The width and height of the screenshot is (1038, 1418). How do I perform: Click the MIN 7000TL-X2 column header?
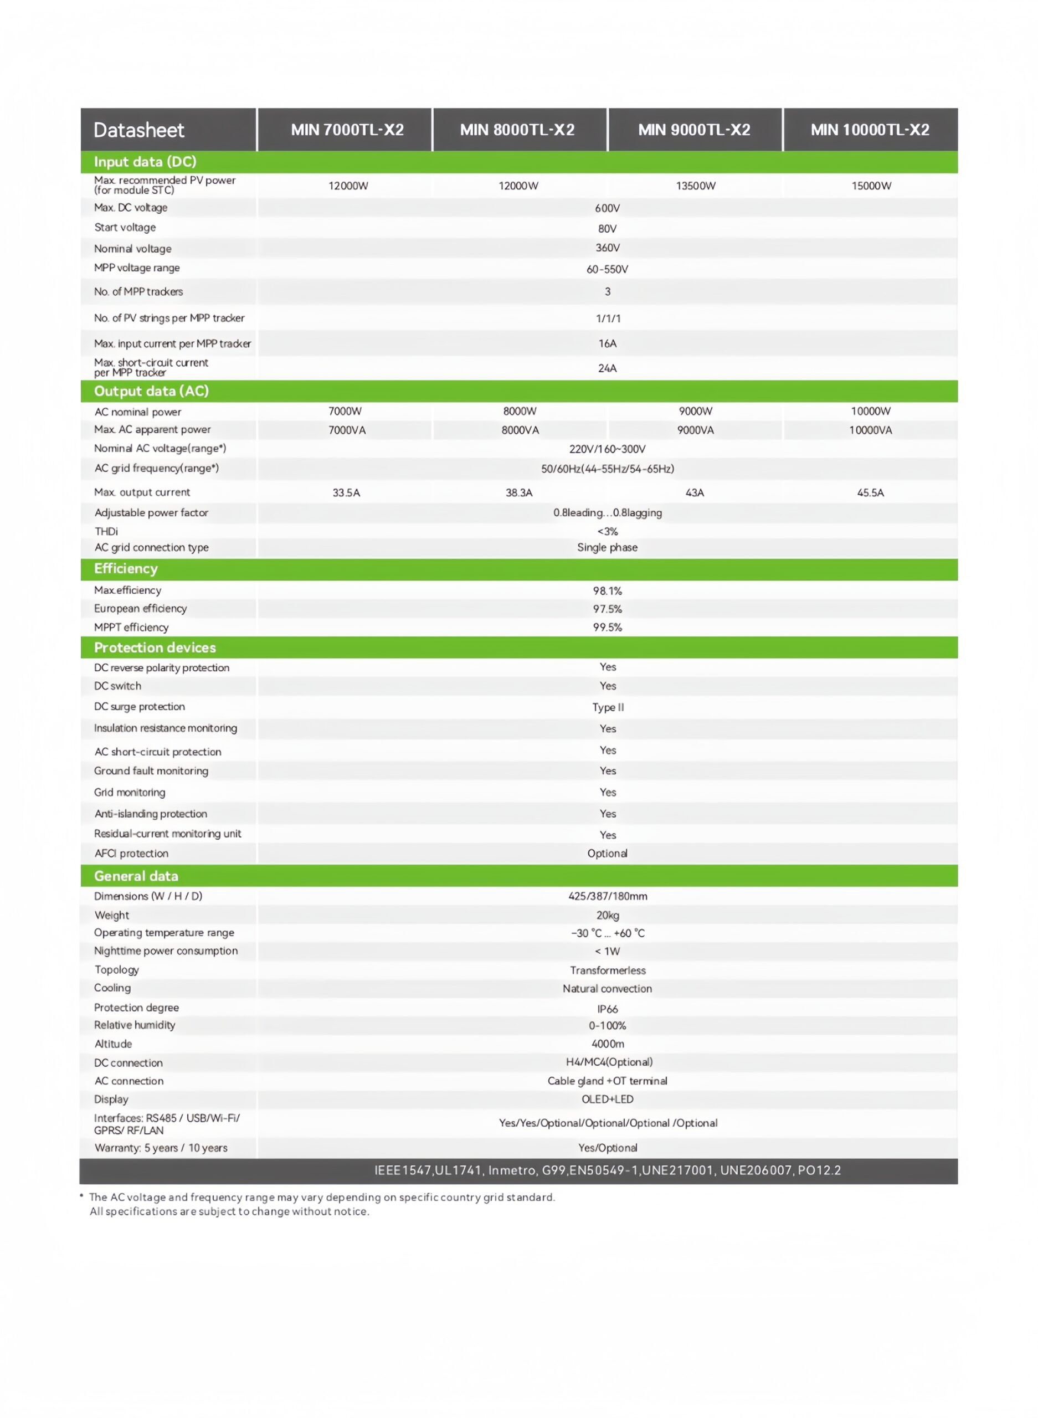pos(347,130)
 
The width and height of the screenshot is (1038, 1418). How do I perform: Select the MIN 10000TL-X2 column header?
pos(870,130)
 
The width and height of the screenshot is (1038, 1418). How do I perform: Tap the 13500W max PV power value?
pos(696,186)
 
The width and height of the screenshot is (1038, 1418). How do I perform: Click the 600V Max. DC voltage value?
pos(607,208)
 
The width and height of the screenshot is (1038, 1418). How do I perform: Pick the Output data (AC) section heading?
pos(151,392)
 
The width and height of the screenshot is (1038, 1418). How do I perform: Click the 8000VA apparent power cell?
pos(520,430)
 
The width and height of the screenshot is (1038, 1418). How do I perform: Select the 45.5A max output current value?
pos(870,492)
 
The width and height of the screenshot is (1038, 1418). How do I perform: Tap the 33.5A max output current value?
pos(346,492)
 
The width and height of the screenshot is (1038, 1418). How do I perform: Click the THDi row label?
pos(106,532)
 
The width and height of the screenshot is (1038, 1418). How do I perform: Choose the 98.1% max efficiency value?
pos(607,590)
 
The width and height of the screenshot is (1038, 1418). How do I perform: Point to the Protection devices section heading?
pos(155,648)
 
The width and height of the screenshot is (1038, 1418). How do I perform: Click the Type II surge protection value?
pos(608,707)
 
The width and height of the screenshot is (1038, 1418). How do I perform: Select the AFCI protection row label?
pos(131,853)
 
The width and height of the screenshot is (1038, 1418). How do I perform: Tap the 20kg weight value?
pos(608,916)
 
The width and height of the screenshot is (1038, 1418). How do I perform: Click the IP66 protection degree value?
pos(608,1009)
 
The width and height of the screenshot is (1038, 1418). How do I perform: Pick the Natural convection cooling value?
pos(607,988)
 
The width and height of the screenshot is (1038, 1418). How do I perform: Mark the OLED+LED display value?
pos(607,1099)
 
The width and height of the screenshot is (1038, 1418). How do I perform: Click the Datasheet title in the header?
pos(139,130)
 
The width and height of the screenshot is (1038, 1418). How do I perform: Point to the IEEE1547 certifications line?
pos(607,1170)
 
